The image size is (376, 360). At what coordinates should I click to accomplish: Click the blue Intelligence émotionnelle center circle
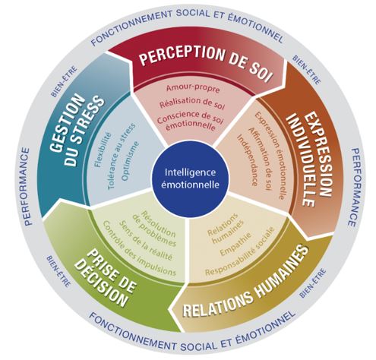190,178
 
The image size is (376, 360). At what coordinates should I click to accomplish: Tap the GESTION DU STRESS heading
77,130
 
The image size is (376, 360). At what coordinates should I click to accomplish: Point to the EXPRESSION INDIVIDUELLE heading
308,159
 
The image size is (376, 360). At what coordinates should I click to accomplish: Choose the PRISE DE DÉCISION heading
105,278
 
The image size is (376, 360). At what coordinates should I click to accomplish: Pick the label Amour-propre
193,88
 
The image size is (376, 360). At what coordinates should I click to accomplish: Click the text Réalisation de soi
192,103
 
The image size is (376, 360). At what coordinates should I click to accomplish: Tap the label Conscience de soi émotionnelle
191,121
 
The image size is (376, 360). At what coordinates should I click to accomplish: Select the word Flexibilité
103,150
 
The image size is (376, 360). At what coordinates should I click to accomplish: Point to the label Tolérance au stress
121,156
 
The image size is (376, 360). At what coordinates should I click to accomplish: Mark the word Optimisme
130,161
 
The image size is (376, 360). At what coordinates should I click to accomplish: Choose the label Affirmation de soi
259,159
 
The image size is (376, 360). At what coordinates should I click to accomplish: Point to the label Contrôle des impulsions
138,248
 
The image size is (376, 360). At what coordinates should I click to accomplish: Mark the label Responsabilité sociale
240,251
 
